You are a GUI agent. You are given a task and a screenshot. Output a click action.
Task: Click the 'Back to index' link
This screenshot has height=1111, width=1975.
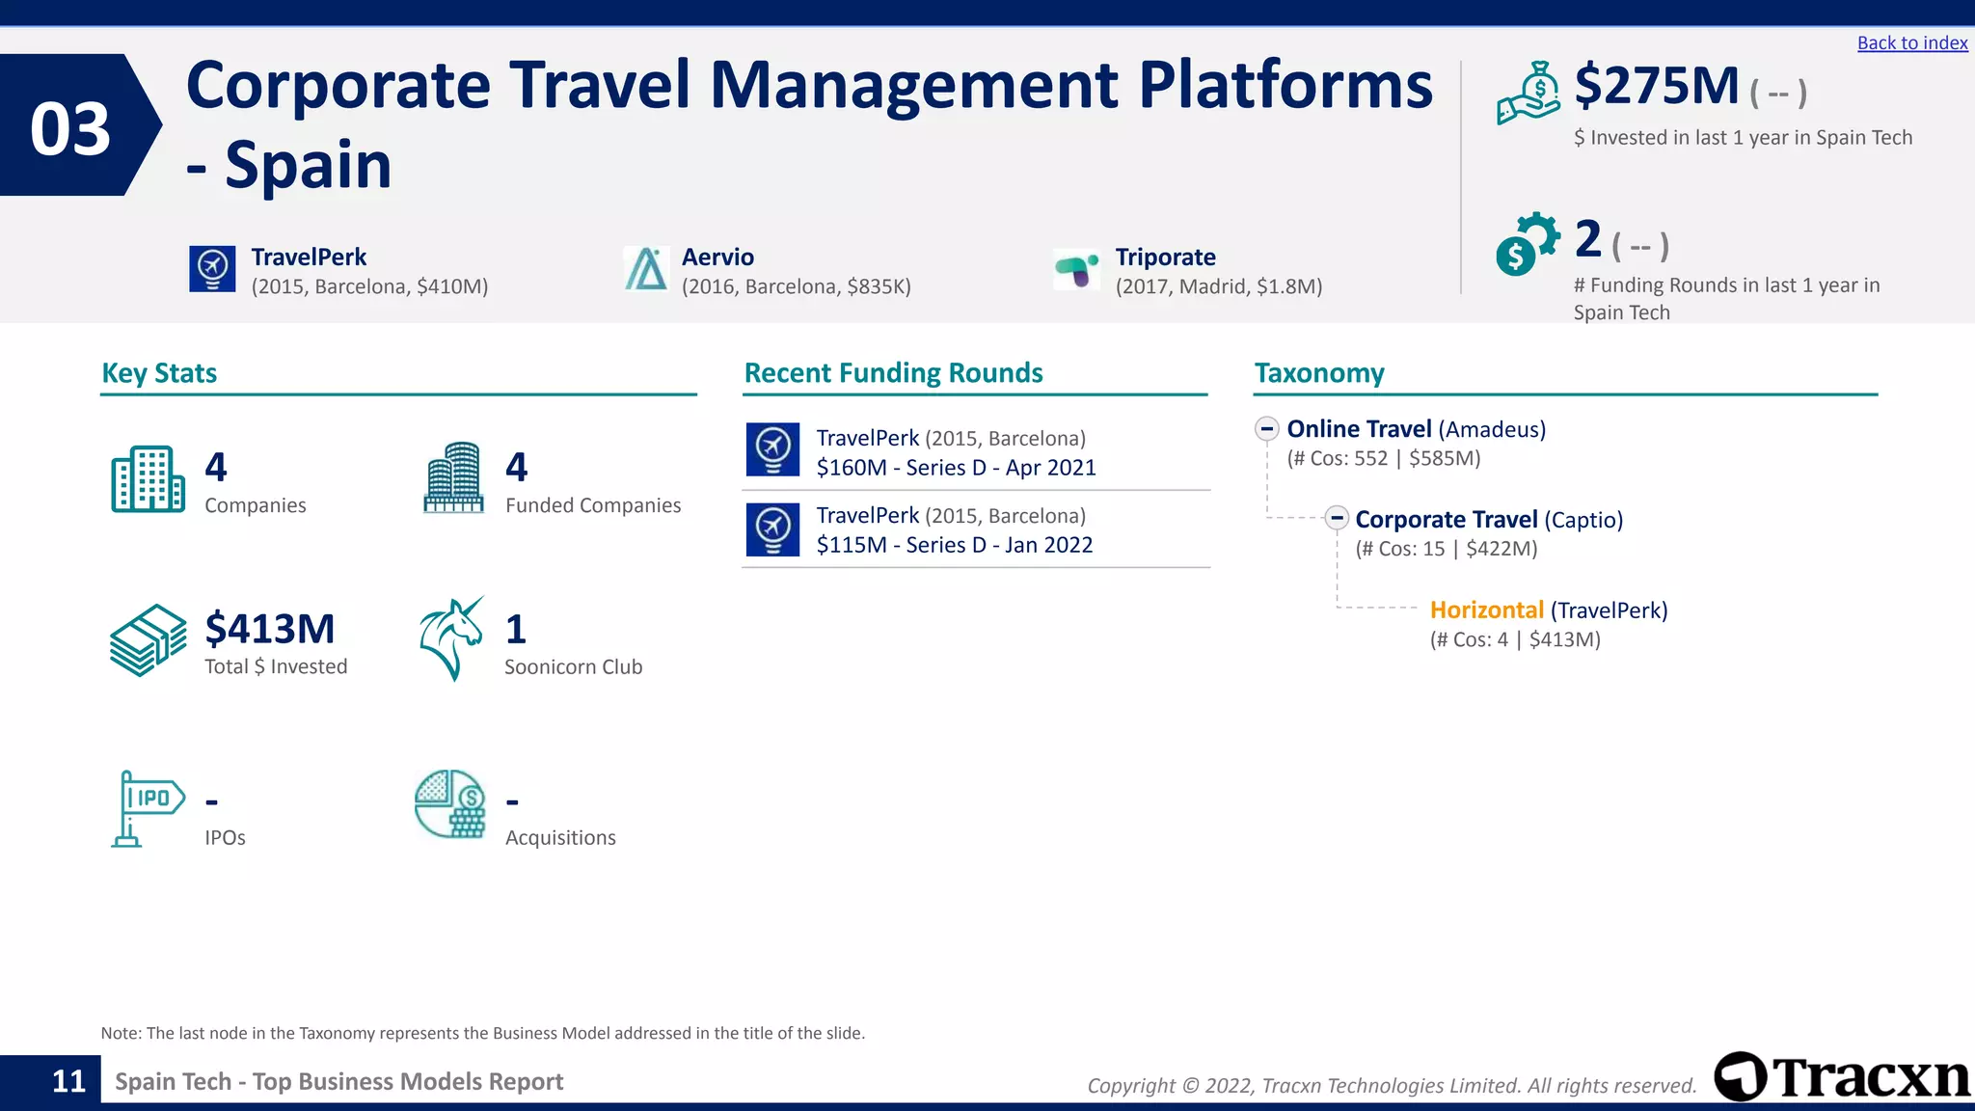(1911, 43)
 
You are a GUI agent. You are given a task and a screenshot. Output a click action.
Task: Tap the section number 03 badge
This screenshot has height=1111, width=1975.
(71, 128)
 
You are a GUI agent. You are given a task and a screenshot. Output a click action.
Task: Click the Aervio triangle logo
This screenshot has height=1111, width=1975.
(646, 268)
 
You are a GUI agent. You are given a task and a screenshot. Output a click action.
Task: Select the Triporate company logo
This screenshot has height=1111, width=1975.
(1076, 269)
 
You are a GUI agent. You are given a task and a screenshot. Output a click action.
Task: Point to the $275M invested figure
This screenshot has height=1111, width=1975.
(1656, 87)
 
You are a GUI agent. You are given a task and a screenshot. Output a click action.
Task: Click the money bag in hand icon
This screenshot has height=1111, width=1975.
(1529, 94)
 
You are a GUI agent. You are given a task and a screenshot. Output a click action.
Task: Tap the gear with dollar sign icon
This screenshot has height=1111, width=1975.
(1527, 244)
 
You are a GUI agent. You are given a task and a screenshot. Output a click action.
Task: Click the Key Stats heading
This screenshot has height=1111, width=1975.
(159, 373)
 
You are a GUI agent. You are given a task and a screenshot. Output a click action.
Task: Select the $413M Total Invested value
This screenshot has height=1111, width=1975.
(270, 629)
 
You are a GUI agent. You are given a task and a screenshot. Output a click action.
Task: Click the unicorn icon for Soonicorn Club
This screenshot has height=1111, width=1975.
(451, 637)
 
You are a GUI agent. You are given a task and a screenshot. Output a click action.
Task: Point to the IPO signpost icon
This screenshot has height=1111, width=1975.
(147, 808)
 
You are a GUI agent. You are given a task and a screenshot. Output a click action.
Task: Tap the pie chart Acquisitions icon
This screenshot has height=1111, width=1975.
(449, 803)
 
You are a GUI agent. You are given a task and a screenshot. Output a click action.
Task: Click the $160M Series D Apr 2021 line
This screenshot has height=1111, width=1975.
(956, 468)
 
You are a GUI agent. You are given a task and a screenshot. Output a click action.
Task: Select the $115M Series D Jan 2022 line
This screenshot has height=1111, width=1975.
(954, 545)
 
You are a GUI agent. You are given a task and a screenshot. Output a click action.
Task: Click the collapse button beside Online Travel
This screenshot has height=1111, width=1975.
(1267, 429)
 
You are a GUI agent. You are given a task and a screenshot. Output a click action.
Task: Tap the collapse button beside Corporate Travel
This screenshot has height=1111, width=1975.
(1336, 519)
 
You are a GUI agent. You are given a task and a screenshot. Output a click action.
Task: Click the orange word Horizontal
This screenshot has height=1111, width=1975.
(1486, 610)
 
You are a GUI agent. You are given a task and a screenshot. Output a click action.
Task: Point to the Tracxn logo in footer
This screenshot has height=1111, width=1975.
(1842, 1077)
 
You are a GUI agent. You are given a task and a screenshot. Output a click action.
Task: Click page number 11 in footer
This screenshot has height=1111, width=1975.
(68, 1082)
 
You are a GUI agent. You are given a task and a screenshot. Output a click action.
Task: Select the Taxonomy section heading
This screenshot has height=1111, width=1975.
(1318, 373)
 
